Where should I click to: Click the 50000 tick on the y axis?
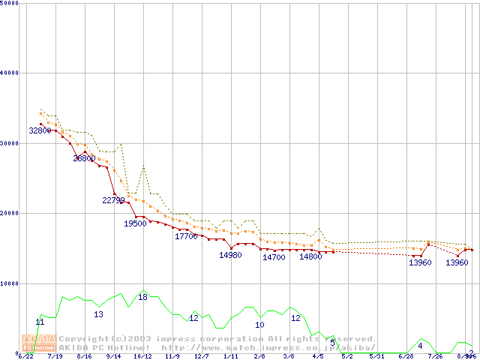(x=10, y=3)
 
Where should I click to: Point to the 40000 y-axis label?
(x=10, y=73)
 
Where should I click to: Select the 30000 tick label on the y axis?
(x=10, y=143)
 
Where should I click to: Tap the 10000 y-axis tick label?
(x=10, y=283)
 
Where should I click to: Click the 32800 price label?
(x=40, y=130)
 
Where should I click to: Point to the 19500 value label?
(x=136, y=223)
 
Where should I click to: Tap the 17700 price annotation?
(x=186, y=236)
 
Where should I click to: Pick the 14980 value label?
(x=230, y=255)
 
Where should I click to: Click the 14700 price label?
(x=274, y=257)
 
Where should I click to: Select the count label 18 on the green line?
(x=142, y=297)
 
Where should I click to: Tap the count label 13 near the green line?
(x=98, y=314)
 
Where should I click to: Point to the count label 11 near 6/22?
(x=40, y=322)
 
